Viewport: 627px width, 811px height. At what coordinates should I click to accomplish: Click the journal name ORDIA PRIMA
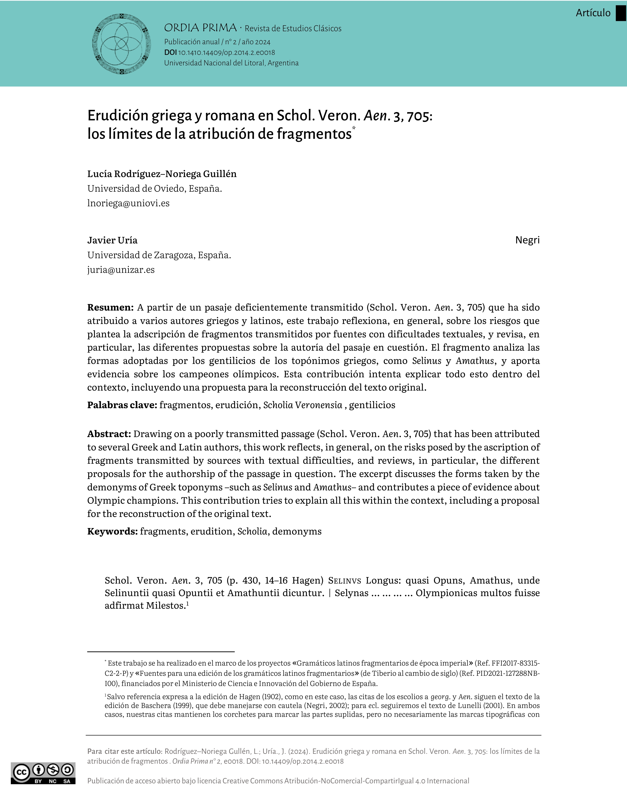pos(200,28)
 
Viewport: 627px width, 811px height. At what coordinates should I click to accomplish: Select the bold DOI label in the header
pos(170,53)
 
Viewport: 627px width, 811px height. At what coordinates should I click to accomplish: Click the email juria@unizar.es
pos(121,270)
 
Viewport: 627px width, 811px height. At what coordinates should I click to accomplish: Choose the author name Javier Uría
pos(112,240)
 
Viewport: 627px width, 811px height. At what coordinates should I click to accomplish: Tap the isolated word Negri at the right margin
pos(527,240)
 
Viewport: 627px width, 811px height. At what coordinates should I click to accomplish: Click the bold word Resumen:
pos(110,308)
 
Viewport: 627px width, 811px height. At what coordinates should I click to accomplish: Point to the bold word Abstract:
pos(109,434)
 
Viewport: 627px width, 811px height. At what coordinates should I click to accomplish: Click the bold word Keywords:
pos(113,531)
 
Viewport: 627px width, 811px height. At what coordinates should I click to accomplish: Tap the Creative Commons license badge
pos(43,773)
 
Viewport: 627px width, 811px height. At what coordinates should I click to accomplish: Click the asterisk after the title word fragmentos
pos(354,128)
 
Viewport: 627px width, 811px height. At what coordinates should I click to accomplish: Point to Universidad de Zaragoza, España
pos(159,255)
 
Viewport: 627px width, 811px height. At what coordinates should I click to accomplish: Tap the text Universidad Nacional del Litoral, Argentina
pos(231,63)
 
